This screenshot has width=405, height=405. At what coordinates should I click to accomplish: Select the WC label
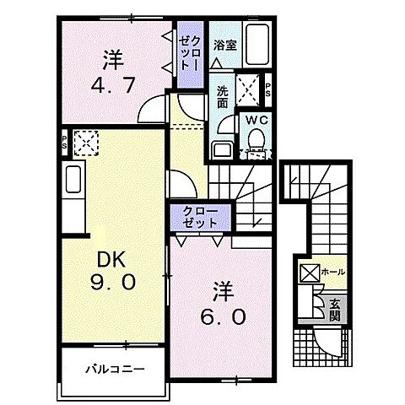tap(256, 121)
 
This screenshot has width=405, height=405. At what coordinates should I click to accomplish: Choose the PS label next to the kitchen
tap(64, 141)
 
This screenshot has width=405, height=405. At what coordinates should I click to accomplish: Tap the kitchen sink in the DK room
tap(72, 181)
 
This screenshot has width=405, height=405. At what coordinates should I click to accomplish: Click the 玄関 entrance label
tap(334, 310)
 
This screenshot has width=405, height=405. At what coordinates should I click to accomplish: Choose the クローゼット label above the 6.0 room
tap(198, 216)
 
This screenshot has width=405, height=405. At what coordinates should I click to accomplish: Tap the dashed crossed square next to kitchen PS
tap(85, 143)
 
